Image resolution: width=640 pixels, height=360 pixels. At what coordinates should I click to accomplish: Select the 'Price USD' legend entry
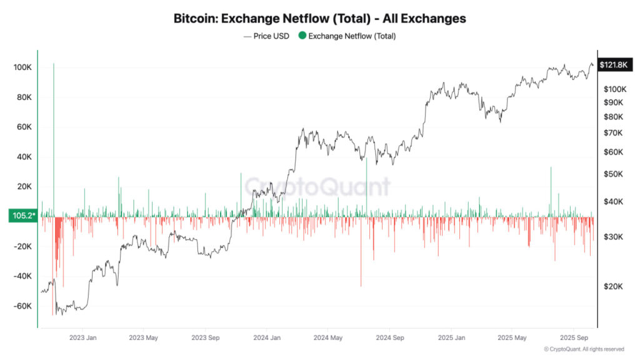pos(266,36)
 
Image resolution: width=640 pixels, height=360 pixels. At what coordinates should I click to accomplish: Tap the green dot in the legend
pos(302,36)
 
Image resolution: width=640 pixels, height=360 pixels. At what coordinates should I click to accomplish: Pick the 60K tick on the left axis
pos(23,127)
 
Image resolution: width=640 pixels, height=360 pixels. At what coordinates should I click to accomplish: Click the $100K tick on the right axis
pos(615,89)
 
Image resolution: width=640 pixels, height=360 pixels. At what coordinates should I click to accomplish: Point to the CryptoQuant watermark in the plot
pos(317,186)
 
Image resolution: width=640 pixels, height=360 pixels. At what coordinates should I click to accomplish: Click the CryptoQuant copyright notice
pos(584,349)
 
